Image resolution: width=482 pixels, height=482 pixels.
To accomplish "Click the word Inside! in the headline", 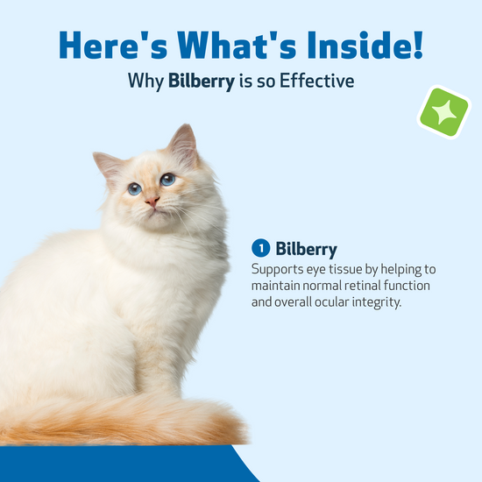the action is pyautogui.click(x=365, y=45).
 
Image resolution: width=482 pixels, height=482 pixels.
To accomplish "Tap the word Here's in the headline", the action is pyautogui.click(x=113, y=45).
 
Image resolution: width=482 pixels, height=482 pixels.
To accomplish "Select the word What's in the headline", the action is pyautogui.click(x=237, y=45).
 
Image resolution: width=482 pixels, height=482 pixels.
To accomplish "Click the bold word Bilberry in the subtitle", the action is pyautogui.click(x=202, y=82).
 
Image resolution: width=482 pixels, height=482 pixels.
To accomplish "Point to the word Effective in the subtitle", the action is pyautogui.click(x=316, y=81).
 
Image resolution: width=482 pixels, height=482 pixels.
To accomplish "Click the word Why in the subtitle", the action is pyautogui.click(x=145, y=82).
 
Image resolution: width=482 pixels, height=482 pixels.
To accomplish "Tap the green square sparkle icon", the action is pyautogui.click(x=444, y=112).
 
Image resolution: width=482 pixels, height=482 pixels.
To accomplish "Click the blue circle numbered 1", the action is pyautogui.click(x=260, y=248).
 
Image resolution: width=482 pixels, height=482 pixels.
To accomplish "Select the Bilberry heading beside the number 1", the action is pyautogui.click(x=306, y=249).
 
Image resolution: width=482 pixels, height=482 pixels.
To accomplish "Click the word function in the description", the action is pyautogui.click(x=407, y=286).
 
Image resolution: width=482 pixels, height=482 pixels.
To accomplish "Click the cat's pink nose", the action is pyautogui.click(x=152, y=202).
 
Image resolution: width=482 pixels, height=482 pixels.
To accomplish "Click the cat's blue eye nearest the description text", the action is pyautogui.click(x=167, y=179).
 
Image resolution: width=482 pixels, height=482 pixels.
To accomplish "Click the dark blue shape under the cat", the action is pyautogui.click(x=123, y=464).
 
